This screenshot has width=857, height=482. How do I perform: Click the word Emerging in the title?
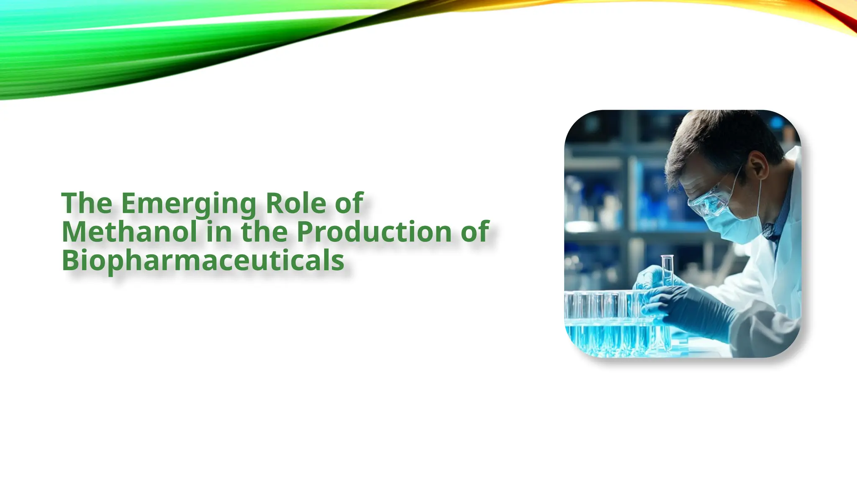(x=188, y=204)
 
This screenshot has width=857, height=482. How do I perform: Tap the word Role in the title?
(x=295, y=204)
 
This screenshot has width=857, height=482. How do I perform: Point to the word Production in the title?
(x=375, y=232)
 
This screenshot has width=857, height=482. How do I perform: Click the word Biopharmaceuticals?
(x=203, y=260)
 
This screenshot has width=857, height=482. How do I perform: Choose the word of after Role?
(x=349, y=204)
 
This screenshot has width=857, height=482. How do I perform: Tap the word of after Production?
(x=475, y=232)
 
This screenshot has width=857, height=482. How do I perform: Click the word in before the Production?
(x=219, y=232)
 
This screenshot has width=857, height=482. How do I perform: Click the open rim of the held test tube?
(x=667, y=256)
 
